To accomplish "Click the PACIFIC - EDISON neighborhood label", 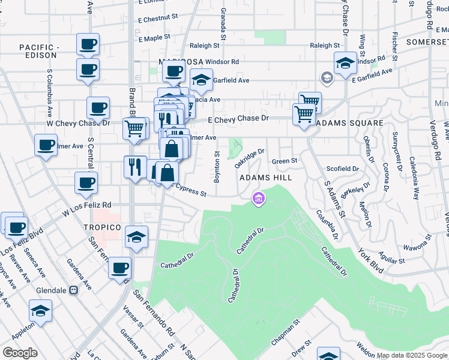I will (37, 51).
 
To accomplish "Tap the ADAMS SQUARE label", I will (349, 123).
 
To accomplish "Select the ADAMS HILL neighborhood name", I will (266, 178).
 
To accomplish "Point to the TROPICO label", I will (103, 227).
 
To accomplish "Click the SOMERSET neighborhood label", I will (427, 42).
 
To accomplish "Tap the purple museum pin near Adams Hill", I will (259, 198).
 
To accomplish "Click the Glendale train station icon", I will (74, 290).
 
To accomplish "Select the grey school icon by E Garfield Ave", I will (327, 77).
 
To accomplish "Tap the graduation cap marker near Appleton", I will (40, 310).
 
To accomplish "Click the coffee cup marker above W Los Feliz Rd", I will (86, 182).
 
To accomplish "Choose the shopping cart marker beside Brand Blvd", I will (134, 127).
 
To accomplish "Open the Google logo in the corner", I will (20, 353).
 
